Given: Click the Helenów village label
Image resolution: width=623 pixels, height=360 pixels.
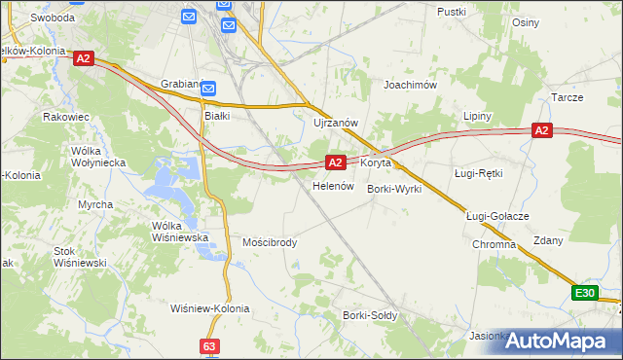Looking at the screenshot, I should point(331,186).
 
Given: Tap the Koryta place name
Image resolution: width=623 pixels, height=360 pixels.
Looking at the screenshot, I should point(376,162).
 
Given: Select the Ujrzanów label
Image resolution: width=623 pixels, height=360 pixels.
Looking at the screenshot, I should point(337,123).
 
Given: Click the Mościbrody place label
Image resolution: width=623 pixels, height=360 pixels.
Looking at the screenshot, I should point(270,242).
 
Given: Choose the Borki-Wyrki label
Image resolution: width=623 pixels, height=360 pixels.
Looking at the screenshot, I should point(394,189).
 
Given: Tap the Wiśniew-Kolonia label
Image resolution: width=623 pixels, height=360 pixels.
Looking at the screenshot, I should point(210,308).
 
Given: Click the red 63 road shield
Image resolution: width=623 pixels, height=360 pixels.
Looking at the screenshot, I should point(210,345).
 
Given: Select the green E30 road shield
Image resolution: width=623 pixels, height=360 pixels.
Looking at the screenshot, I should point(584,293).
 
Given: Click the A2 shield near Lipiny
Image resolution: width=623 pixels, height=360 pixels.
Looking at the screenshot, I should point(542,130).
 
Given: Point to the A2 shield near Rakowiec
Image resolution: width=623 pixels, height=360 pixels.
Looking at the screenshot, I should point(83,58).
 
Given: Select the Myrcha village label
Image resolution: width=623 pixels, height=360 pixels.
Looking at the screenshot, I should point(95,204).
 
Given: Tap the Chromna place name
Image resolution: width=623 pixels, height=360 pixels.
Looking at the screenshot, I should point(494,244).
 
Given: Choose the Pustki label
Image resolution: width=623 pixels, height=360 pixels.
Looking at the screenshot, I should point(452,12).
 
